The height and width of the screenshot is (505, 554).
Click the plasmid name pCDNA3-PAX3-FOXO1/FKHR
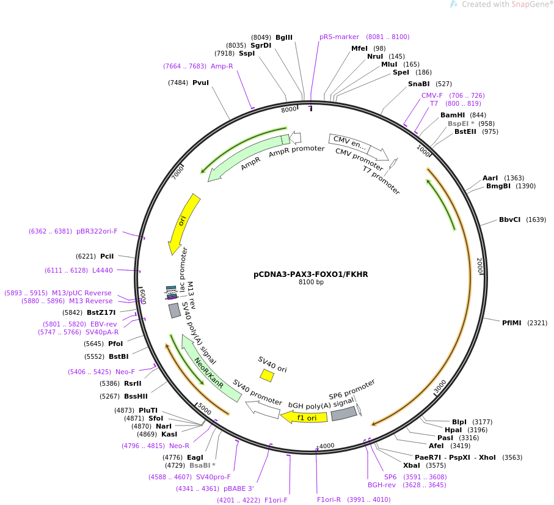point(310,275)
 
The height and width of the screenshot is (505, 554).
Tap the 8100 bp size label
point(310,282)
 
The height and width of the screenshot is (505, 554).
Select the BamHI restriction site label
point(453,115)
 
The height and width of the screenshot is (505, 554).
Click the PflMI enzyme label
point(511,323)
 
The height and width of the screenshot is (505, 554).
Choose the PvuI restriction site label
point(200,83)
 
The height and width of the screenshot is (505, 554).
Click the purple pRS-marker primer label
point(339,37)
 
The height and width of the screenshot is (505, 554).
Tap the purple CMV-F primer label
point(432,95)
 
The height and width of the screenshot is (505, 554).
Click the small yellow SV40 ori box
point(267,375)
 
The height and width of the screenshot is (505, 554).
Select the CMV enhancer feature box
point(349,144)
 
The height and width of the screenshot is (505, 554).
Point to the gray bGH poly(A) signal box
point(344,414)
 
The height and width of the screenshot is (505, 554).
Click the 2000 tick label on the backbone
point(479,265)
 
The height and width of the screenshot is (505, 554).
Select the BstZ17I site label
point(101,312)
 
